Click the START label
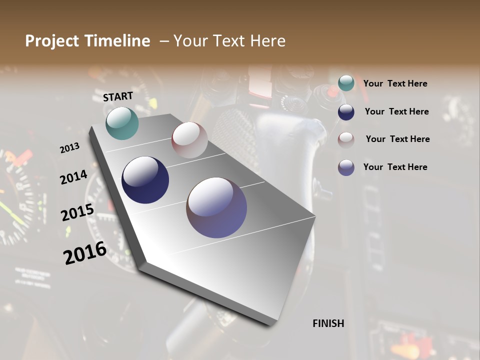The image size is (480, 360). pyautogui.click(x=118, y=96)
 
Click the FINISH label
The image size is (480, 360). pyautogui.click(x=328, y=323)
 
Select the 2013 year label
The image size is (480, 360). pyautogui.click(x=70, y=148)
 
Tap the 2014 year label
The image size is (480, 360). pyautogui.click(x=74, y=177)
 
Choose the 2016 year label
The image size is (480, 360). pyautogui.click(x=85, y=252)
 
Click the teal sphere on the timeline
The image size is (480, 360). pyautogui.click(x=122, y=123)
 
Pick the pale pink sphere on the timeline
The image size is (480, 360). pyautogui.click(x=189, y=140)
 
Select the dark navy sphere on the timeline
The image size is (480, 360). pyautogui.click(x=145, y=180)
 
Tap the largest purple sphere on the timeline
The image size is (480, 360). pyautogui.click(x=216, y=207)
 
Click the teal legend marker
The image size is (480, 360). pyautogui.click(x=346, y=83)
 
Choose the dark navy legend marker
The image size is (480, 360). pyautogui.click(x=346, y=112)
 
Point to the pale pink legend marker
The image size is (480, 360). pyautogui.click(x=346, y=139)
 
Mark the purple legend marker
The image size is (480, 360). pyautogui.click(x=346, y=167)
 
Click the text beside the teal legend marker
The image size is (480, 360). pyautogui.click(x=395, y=83)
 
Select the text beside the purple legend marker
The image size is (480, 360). pyautogui.click(x=395, y=167)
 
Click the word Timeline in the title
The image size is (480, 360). pyautogui.click(x=118, y=41)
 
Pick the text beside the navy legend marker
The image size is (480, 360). pyautogui.click(x=396, y=111)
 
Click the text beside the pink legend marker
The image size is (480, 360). pyautogui.click(x=397, y=139)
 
